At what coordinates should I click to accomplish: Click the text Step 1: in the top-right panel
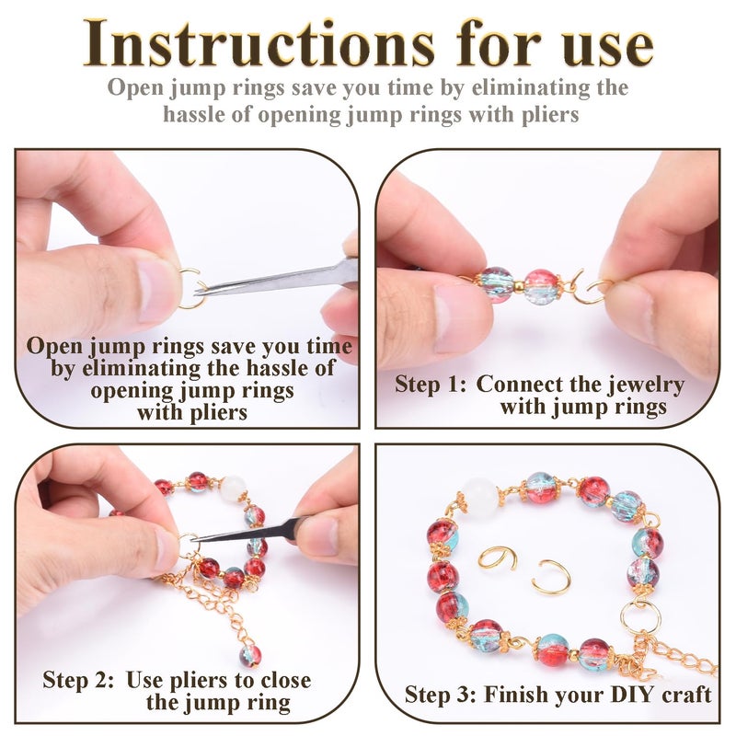tap(431, 384)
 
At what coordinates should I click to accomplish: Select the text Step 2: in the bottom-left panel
tap(78, 679)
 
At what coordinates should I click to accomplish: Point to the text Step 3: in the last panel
tap(440, 695)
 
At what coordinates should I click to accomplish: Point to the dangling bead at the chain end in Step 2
tap(250, 656)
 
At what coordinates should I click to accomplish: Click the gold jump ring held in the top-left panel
tap(191, 289)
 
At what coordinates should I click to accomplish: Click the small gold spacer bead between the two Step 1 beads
tap(518, 285)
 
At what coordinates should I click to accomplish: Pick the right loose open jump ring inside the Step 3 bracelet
tap(553, 579)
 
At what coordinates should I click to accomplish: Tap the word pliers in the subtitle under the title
tap(549, 115)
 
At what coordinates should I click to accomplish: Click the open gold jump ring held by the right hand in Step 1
tap(600, 291)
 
